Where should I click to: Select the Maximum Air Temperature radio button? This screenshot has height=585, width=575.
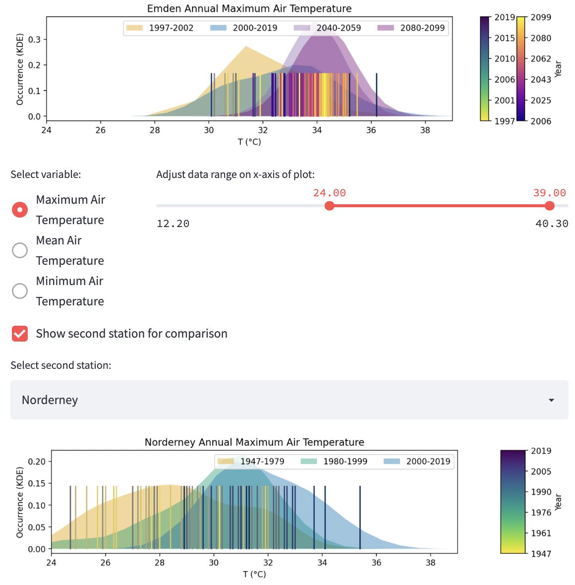click(x=20, y=210)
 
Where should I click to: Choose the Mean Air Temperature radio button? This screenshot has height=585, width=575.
click(x=20, y=250)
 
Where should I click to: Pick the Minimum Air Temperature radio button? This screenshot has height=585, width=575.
click(x=20, y=291)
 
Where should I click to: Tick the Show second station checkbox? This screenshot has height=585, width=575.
click(x=20, y=334)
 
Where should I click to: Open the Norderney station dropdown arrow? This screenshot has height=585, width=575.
click(x=551, y=400)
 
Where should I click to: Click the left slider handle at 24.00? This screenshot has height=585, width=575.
click(x=330, y=206)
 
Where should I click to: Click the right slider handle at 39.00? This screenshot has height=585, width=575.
click(x=549, y=206)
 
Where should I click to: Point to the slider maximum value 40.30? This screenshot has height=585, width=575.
click(x=552, y=224)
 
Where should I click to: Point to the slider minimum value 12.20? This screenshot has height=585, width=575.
click(x=173, y=224)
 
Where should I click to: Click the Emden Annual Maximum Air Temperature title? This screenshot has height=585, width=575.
click(x=249, y=8)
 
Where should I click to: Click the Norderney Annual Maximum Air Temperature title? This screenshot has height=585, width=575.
click(x=254, y=442)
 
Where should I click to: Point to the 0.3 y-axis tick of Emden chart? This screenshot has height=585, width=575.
click(x=34, y=39)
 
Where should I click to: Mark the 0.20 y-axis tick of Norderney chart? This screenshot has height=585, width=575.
click(x=37, y=462)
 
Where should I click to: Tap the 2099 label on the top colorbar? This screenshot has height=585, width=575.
click(x=541, y=17)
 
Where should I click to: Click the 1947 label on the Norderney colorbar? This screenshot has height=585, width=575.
click(x=541, y=554)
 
